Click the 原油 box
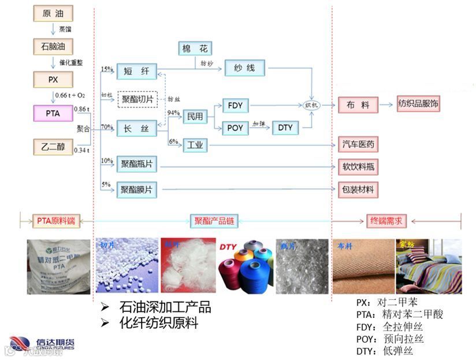[x=53, y=13]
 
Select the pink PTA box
[x=53, y=113]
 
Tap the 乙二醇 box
[x=53, y=147]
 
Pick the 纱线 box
[x=244, y=68]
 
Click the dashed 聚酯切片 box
[x=137, y=99]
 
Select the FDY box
[x=235, y=106]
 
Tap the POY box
[x=235, y=128]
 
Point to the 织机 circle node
[x=311, y=106]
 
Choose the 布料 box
[x=358, y=105]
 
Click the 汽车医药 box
[x=358, y=145]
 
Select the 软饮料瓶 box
[x=358, y=167]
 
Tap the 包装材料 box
[x=358, y=188]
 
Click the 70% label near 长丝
[x=106, y=127]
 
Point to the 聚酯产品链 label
[x=214, y=220]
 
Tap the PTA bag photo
[x=59, y=267]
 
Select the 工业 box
[x=195, y=145]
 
